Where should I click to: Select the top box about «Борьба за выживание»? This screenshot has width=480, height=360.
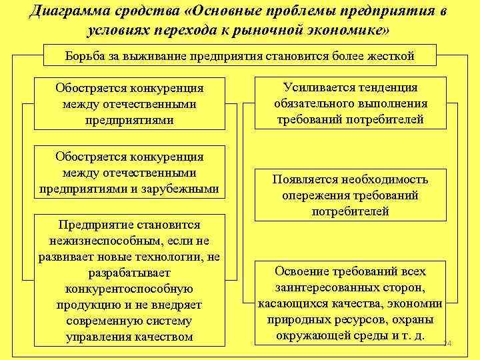[239, 55]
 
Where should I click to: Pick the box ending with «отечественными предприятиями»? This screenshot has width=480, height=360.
[129, 104]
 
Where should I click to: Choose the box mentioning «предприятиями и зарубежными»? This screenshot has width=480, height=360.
[129, 173]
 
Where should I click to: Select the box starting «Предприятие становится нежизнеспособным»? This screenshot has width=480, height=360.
[129, 280]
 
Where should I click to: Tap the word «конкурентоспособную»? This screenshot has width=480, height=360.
[129, 289]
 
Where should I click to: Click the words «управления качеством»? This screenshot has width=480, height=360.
[129, 337]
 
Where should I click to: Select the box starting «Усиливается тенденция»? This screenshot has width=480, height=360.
[351, 104]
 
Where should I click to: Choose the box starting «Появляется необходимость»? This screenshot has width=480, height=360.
[351, 195]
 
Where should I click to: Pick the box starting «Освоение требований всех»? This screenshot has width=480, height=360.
[351, 303]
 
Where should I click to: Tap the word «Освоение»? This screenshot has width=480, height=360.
[303, 271]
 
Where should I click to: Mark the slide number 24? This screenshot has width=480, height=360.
[447, 343]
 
